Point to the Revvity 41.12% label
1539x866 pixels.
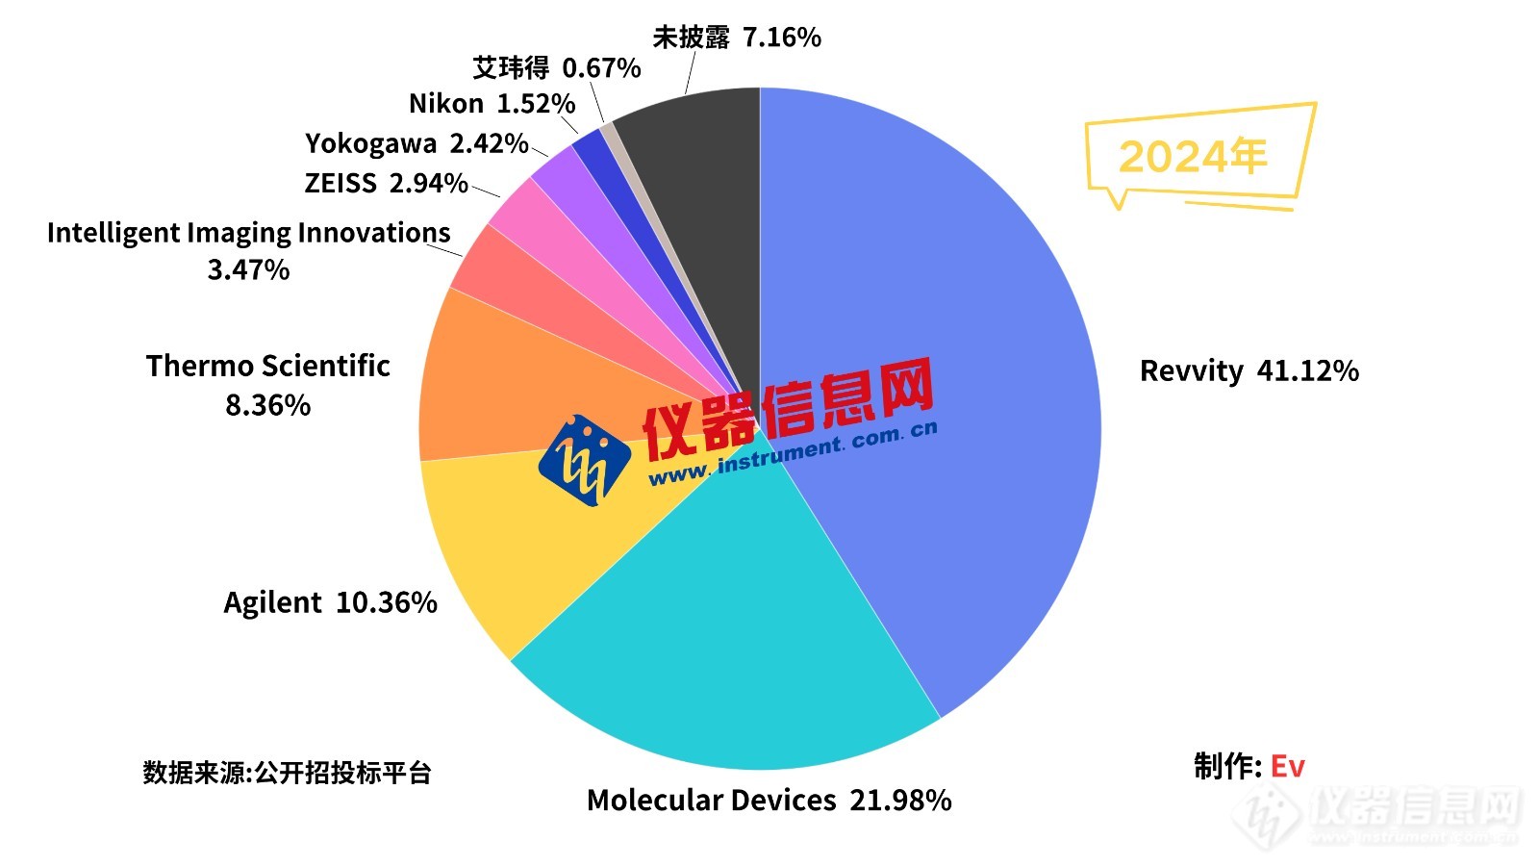[x=1249, y=371]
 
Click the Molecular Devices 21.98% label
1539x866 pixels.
[x=769, y=801]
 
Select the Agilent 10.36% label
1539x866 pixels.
[x=330, y=603]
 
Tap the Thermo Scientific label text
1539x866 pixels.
[x=267, y=367]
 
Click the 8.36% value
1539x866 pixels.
[x=267, y=406]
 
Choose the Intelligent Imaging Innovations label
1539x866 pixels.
[x=248, y=233]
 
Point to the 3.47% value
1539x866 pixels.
[x=248, y=270]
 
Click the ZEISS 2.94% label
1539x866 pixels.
[x=386, y=183]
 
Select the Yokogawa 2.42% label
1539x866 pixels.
[x=416, y=144]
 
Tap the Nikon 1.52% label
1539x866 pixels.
[x=492, y=104]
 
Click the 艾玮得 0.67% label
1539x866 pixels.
[x=556, y=68]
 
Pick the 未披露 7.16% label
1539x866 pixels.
[x=736, y=38]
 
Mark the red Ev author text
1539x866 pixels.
[x=1287, y=767]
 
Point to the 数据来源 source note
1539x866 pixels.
[x=287, y=773]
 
